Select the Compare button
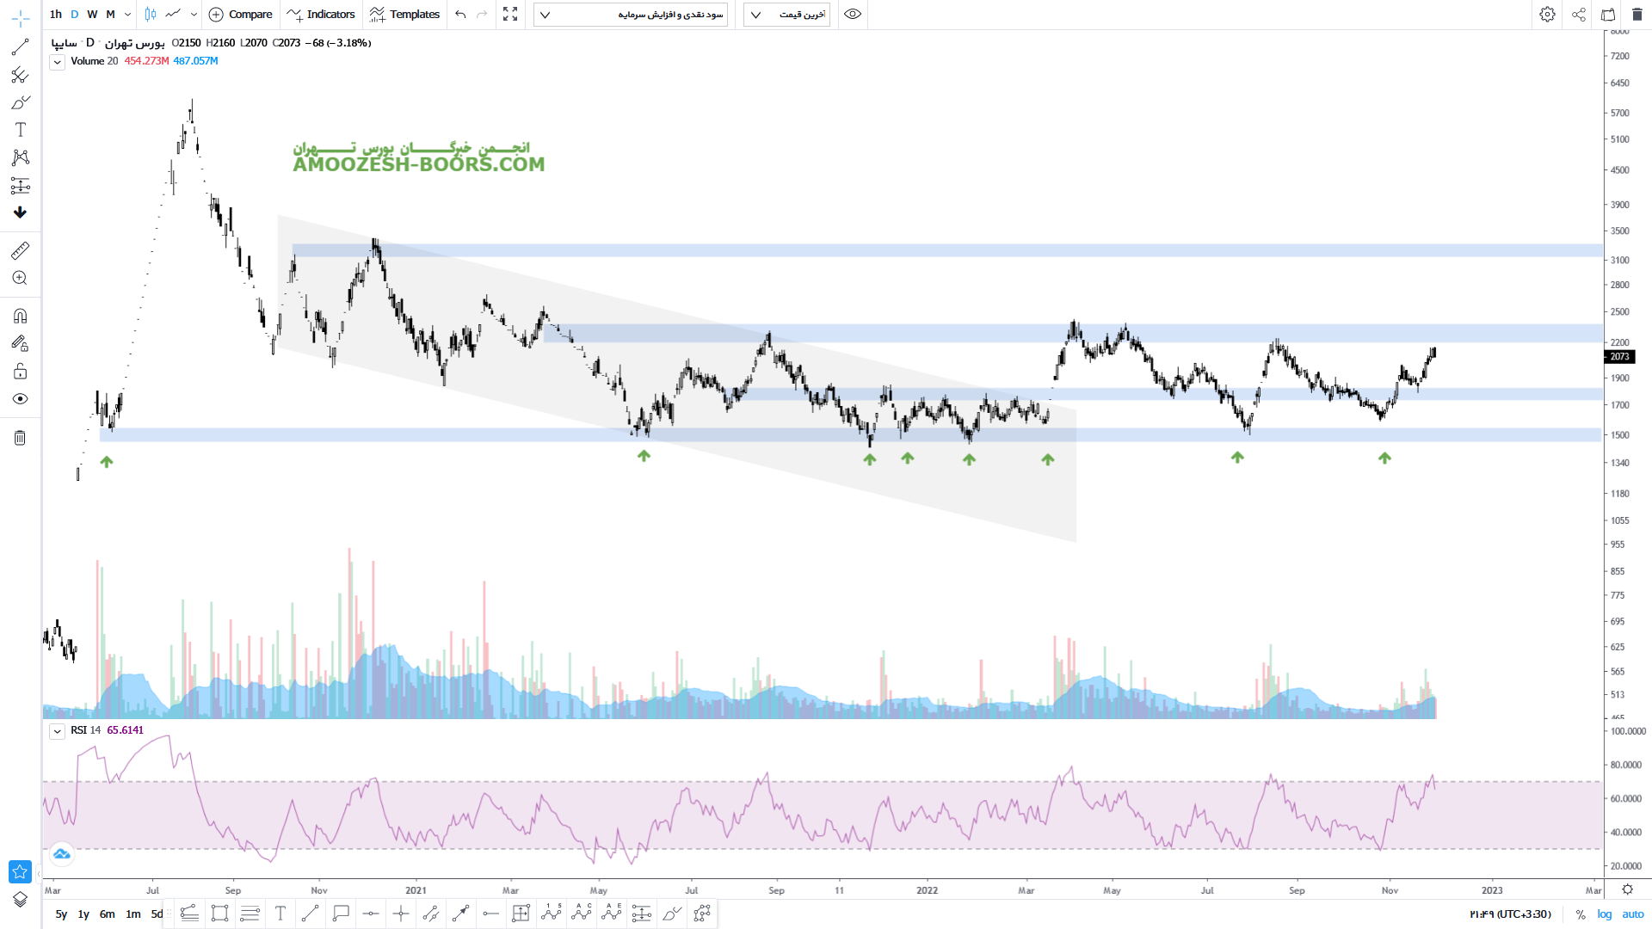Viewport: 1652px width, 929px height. (x=241, y=14)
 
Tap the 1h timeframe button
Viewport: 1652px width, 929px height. (x=56, y=14)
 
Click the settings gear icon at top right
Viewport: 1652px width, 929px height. (x=1547, y=14)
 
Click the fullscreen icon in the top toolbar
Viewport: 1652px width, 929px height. (x=510, y=14)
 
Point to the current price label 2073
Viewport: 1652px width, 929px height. (x=1619, y=356)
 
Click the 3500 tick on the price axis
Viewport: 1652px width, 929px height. (x=1619, y=231)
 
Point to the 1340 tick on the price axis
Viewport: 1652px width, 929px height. (x=1619, y=463)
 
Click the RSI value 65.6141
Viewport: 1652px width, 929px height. (x=126, y=730)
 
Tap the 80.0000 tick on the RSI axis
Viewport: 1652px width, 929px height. (x=1625, y=765)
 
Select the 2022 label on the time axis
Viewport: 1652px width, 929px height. (x=927, y=890)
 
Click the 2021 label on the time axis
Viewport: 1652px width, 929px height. (x=416, y=890)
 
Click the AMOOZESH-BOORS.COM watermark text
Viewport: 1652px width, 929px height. (x=418, y=164)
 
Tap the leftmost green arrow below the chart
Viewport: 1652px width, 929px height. (x=107, y=462)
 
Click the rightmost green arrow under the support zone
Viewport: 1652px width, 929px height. (x=1384, y=458)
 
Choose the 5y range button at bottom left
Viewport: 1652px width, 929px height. (x=61, y=914)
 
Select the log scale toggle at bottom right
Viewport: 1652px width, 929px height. (x=1605, y=914)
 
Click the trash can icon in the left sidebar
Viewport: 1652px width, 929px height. (x=20, y=438)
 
